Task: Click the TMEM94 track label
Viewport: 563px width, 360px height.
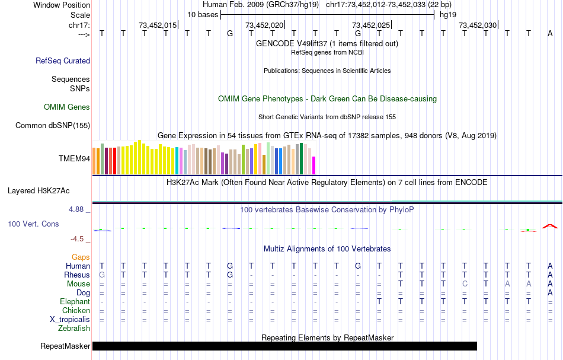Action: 74,159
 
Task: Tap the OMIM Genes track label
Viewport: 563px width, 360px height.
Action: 67,107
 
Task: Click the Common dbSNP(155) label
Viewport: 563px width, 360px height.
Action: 53,125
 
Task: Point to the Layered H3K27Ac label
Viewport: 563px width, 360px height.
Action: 39,191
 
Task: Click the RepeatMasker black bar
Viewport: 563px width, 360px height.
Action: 284,346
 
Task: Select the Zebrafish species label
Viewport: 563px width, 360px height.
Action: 74,328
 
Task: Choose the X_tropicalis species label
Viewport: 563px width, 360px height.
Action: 70,319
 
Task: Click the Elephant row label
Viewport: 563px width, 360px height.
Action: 75,302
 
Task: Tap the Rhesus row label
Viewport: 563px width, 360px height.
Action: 77,275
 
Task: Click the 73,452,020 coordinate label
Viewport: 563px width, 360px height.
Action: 264,26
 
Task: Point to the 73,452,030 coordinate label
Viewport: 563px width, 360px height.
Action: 478,26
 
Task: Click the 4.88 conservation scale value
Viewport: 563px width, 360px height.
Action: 78,209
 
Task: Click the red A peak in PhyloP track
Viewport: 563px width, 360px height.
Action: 551,226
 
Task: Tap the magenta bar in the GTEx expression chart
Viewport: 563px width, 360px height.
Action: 314,165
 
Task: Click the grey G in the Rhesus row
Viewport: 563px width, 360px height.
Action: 102,275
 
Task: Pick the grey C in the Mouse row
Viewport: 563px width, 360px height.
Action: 465,284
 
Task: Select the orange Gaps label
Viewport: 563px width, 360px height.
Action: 81,257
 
